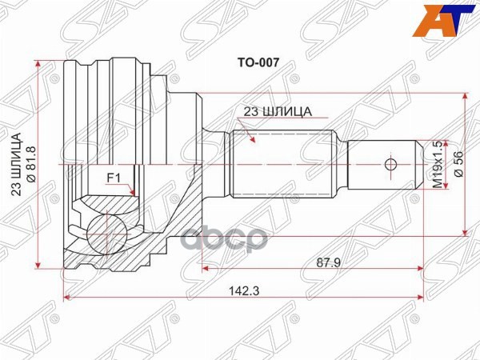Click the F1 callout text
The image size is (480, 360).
click(115, 179)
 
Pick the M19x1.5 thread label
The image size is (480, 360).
click(437, 165)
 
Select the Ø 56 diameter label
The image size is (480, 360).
click(458, 165)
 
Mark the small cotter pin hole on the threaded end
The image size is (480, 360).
click(390, 166)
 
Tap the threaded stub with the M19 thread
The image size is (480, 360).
click(380, 166)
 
